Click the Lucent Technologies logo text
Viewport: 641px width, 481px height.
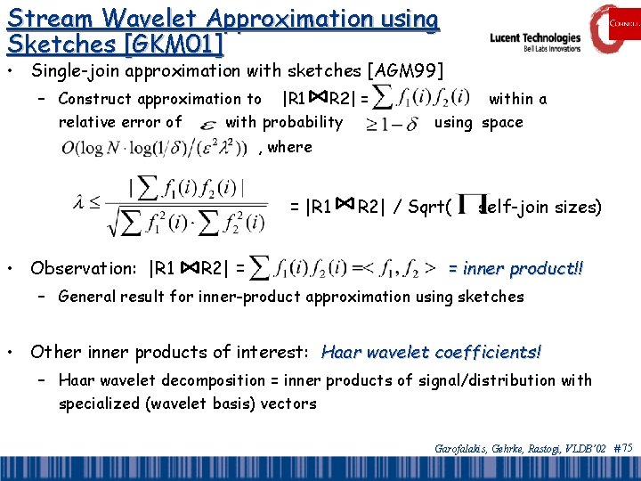tap(535, 38)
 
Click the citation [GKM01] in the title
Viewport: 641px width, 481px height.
tap(177, 42)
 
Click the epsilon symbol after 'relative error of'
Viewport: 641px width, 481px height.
tap(207, 124)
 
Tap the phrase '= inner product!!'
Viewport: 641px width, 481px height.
tap(515, 267)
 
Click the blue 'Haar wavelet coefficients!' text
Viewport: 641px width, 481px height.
tap(431, 352)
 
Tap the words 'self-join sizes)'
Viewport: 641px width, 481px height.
tap(540, 208)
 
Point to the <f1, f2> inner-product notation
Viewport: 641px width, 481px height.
tap(401, 266)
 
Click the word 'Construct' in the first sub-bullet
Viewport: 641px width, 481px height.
tap(93, 99)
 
